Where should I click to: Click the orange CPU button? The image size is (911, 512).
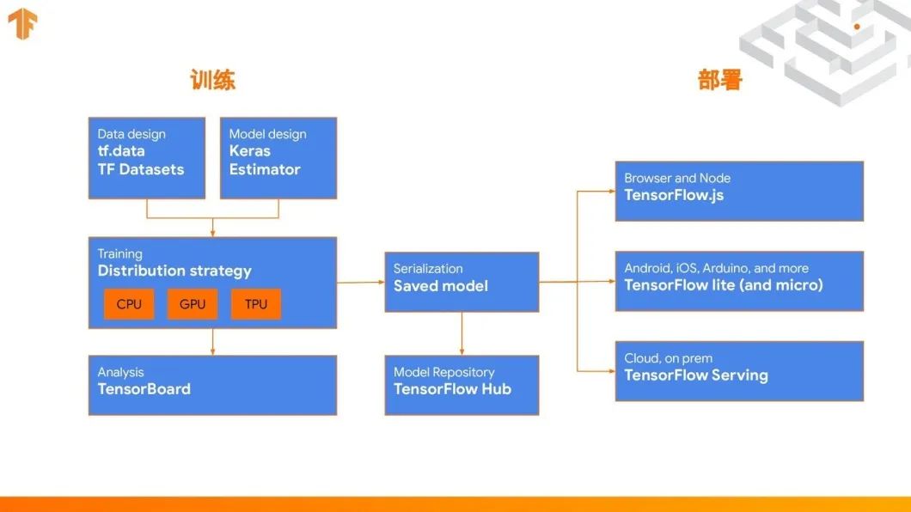[129, 304]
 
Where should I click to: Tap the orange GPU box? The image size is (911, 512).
[193, 304]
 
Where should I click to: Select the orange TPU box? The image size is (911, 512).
[256, 304]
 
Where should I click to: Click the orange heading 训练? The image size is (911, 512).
[212, 81]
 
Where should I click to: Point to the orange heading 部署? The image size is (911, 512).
[719, 81]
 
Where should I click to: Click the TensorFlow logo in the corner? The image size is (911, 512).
[21, 24]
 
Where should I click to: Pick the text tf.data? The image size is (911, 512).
[121, 151]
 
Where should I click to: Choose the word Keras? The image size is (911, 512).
[250, 151]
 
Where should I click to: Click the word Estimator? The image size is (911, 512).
[265, 169]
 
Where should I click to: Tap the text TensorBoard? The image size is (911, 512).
[144, 389]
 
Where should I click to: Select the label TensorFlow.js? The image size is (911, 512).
[674, 195]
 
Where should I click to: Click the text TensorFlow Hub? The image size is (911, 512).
[452, 389]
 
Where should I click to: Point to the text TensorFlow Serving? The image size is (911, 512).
[696, 375]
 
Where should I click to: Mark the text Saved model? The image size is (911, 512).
[441, 286]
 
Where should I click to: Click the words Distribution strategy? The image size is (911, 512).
[174, 271]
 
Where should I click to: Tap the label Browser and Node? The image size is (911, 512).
[677, 178]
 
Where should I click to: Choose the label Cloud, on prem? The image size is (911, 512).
[669, 358]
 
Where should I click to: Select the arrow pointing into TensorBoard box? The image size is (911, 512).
[212, 342]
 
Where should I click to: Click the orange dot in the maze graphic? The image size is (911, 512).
[857, 27]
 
